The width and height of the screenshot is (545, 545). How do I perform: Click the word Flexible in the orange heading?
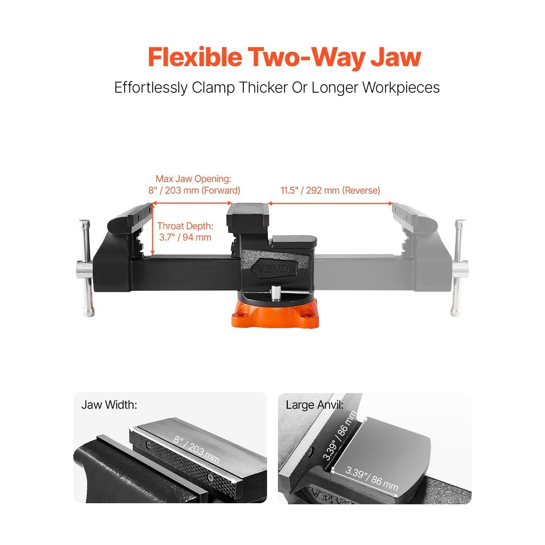pos(195,57)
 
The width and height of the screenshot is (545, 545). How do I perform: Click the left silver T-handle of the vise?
pos(86,268)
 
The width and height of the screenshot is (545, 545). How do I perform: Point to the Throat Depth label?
pos(185,226)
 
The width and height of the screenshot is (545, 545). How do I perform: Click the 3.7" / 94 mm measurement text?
pos(185,238)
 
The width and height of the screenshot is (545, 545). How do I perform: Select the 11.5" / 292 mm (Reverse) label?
pos(330,190)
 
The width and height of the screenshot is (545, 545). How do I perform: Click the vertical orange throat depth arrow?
pos(153,229)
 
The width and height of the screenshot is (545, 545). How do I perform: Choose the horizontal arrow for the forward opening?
pos(192,203)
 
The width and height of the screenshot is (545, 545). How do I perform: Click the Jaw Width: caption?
pos(109,405)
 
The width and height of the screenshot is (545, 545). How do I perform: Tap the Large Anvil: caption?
pos(315,405)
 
